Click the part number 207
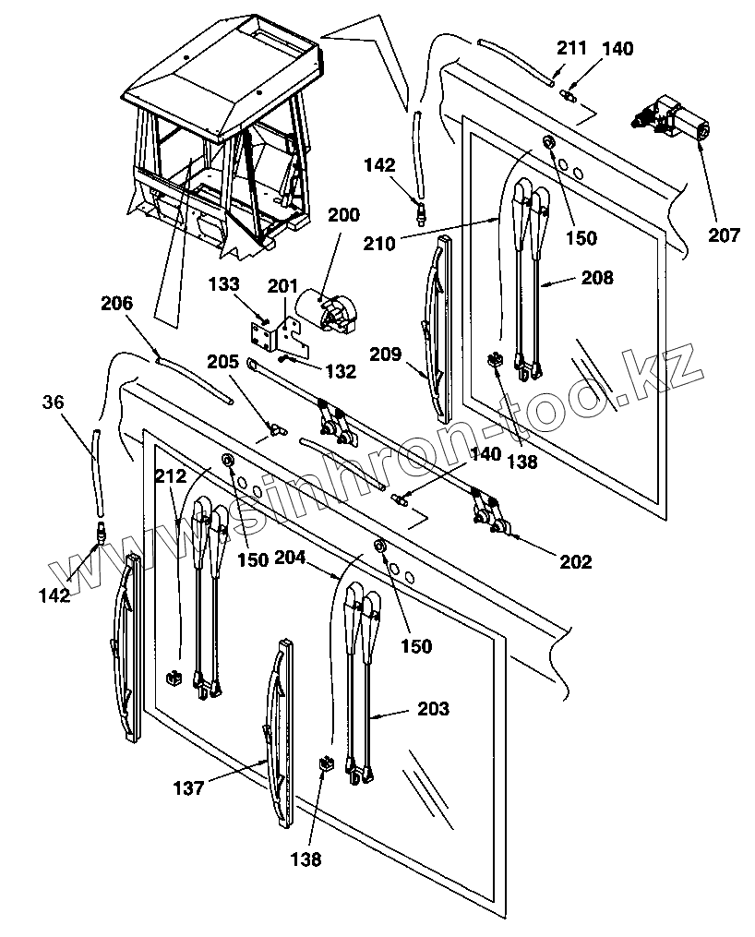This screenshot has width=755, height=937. [x=724, y=234]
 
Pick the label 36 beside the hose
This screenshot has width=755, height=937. [x=54, y=402]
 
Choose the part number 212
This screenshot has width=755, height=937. [x=171, y=477]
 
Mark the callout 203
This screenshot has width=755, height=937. [x=433, y=709]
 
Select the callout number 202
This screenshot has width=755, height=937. [x=573, y=560]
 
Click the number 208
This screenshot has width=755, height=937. [x=597, y=277]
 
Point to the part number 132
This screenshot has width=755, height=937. [x=340, y=371]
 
